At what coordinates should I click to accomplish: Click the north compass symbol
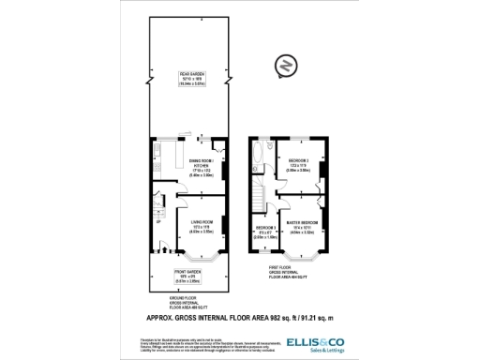tap(285, 67)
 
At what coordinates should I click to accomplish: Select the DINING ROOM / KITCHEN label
tap(201, 166)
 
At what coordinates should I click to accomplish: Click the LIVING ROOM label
tap(201, 229)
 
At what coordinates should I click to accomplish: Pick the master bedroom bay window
tap(304, 256)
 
